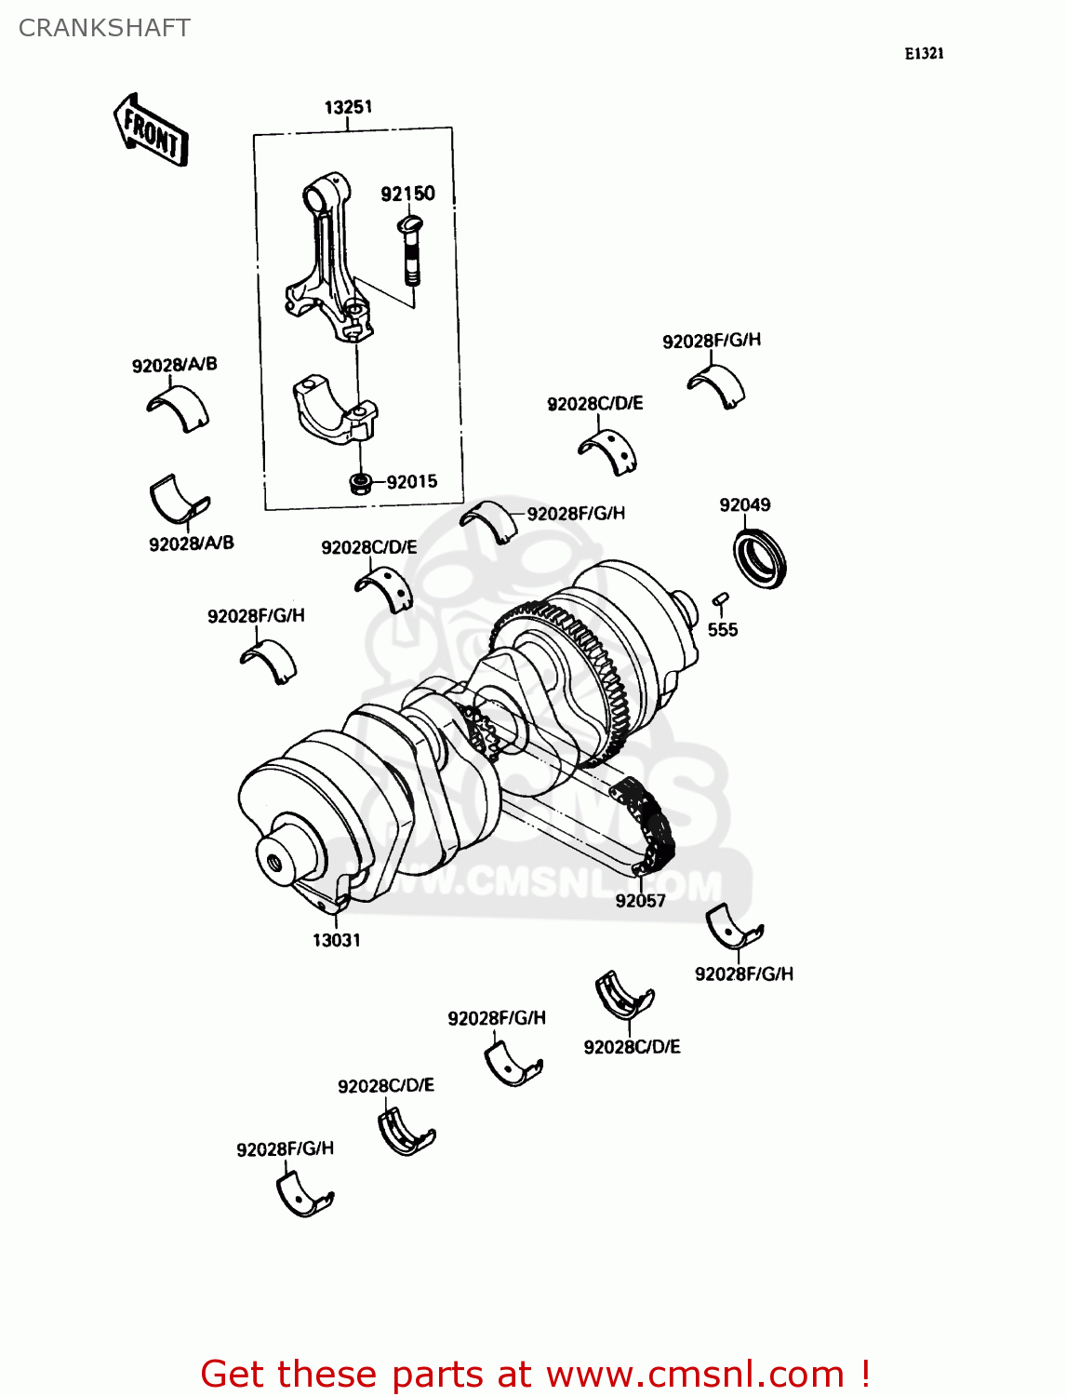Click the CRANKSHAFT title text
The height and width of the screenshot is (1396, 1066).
coord(104,28)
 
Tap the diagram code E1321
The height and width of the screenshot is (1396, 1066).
coord(924,54)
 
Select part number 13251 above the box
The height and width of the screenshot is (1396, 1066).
coord(348,107)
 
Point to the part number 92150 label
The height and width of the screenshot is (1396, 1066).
coord(407,194)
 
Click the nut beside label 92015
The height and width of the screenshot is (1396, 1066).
coord(358,482)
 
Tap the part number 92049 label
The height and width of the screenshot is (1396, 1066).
coord(744,504)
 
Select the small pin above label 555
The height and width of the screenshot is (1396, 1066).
coord(720,599)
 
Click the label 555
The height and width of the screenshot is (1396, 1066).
coord(722,630)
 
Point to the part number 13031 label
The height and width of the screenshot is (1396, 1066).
coord(336,940)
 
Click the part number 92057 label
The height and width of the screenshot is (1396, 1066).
coord(640,900)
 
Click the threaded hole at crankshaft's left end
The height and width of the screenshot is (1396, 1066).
coord(273,862)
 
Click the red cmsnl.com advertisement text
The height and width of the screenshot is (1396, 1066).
coord(535,1374)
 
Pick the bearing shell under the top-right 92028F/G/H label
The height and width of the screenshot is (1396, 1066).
coord(716,384)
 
